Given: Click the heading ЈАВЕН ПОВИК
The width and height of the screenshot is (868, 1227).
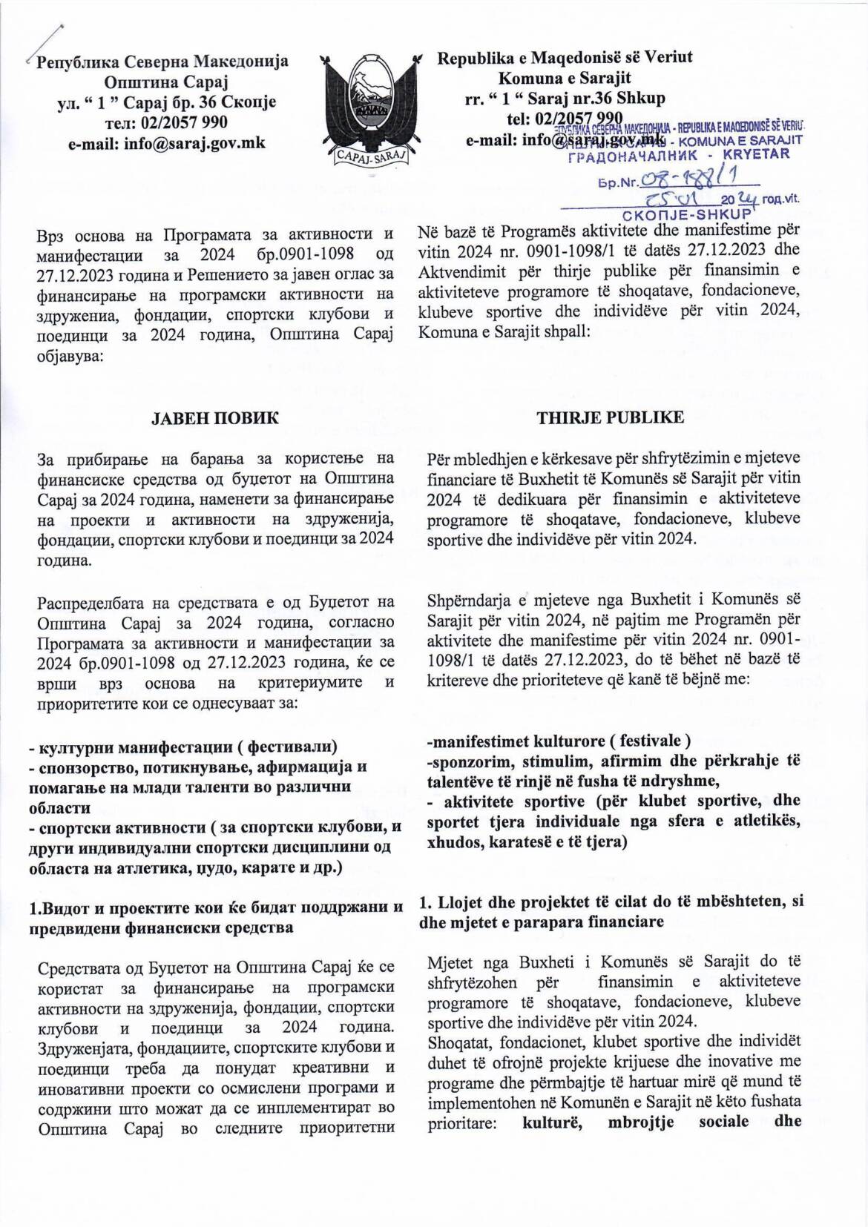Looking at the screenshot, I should click(215, 418).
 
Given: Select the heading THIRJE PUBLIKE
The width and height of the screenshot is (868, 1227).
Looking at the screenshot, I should click(611, 418).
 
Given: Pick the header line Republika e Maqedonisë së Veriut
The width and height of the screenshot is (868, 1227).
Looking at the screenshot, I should click(565, 57).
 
